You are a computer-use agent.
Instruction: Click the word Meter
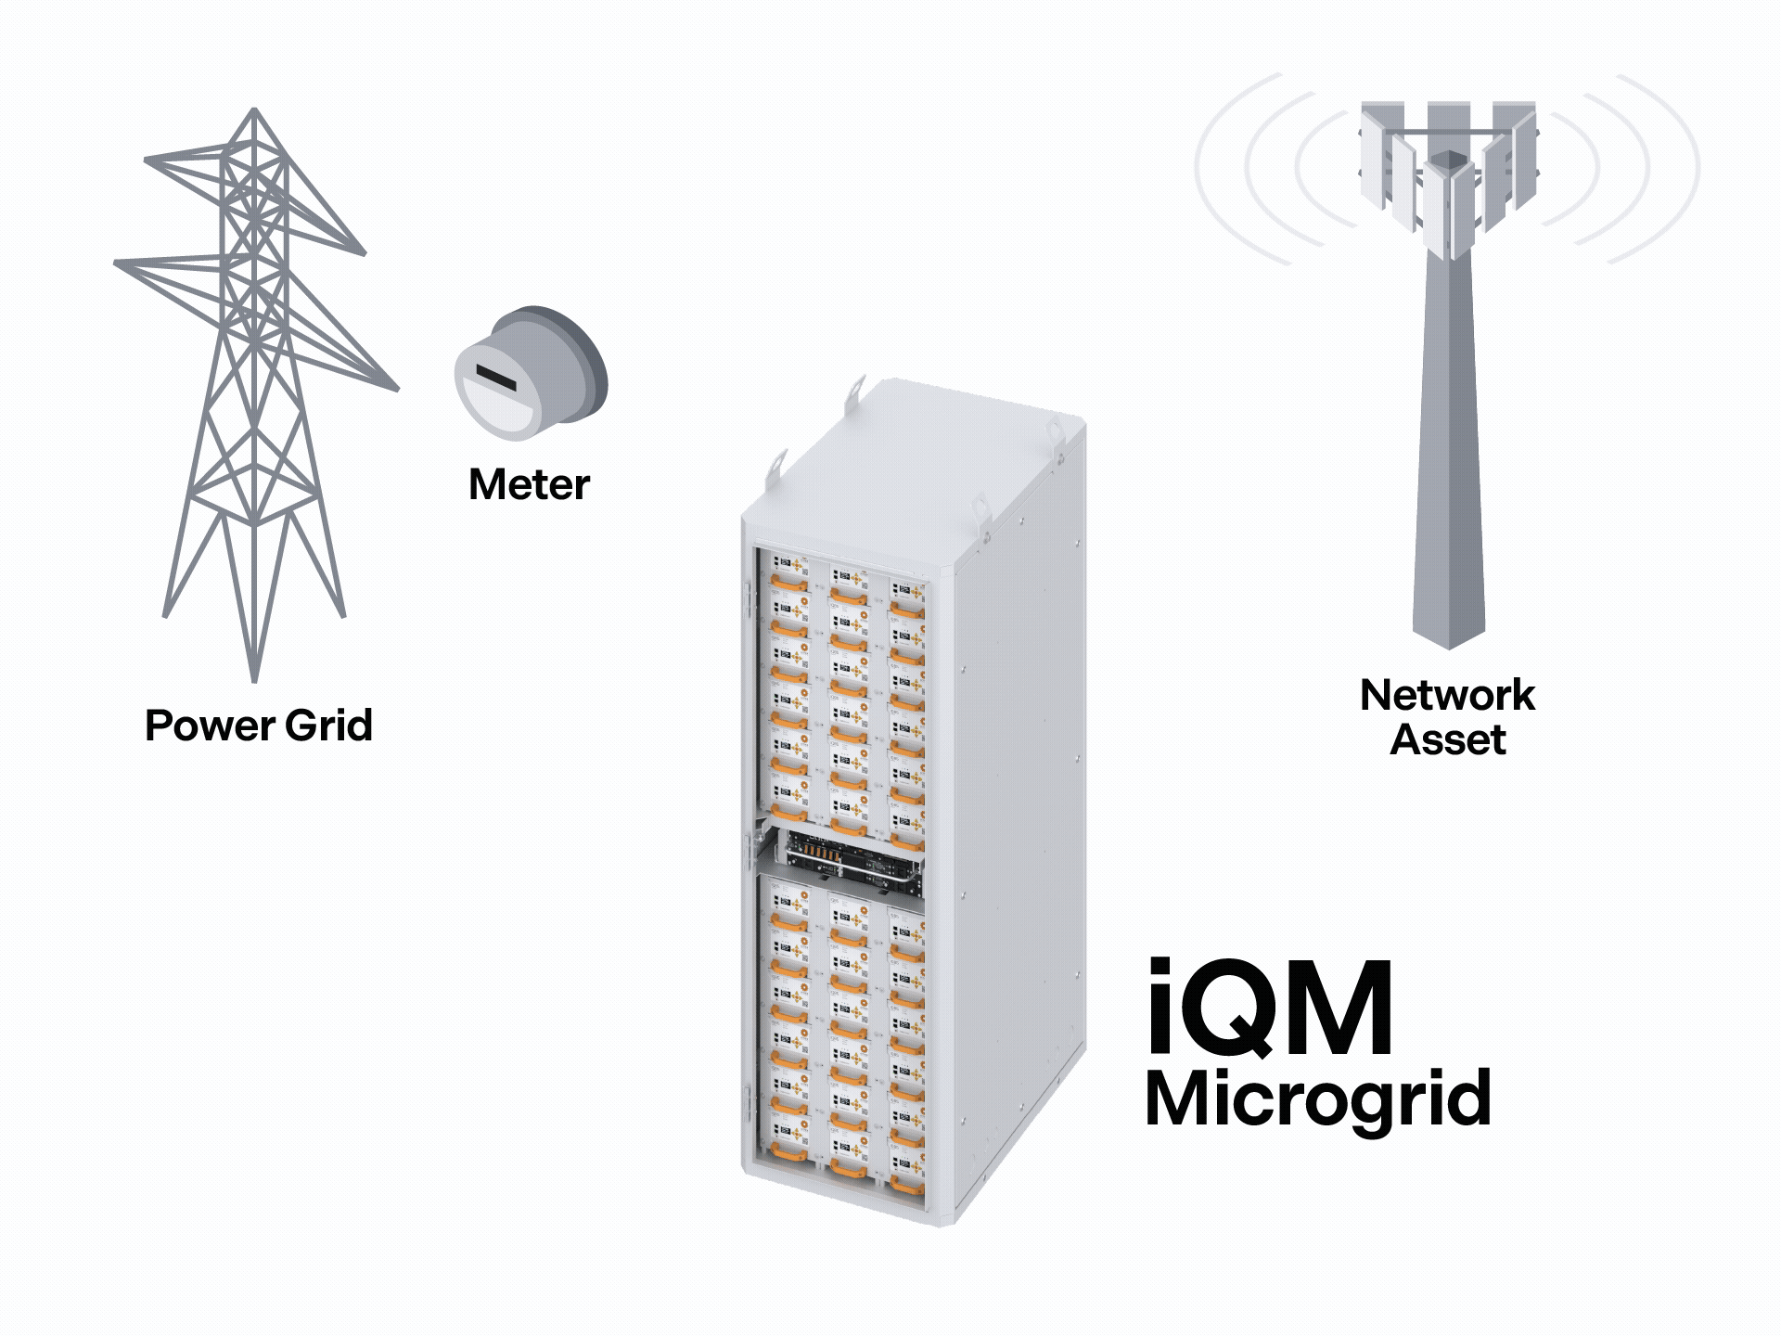click(x=529, y=485)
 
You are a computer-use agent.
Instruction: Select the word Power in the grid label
click(x=210, y=726)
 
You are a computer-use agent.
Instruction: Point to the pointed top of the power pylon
click(x=255, y=111)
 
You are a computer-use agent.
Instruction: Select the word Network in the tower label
click(x=1447, y=695)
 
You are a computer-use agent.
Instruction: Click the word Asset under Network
click(x=1447, y=740)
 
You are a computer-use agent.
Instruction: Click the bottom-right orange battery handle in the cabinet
click(x=907, y=1185)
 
